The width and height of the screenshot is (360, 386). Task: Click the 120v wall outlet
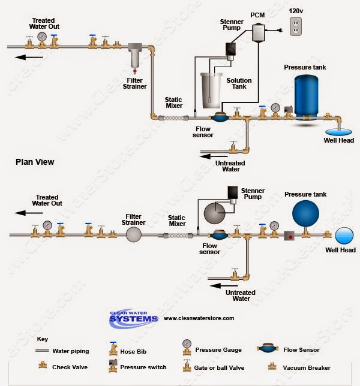pyautogui.click(x=296, y=26)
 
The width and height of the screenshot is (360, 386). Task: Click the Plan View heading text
pyautogui.click(x=35, y=162)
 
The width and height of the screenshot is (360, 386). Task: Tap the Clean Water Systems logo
pyautogui.click(x=133, y=318)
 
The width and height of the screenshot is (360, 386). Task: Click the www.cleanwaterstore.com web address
pyautogui.click(x=199, y=318)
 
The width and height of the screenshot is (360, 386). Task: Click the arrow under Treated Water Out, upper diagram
pyautogui.click(x=29, y=58)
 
